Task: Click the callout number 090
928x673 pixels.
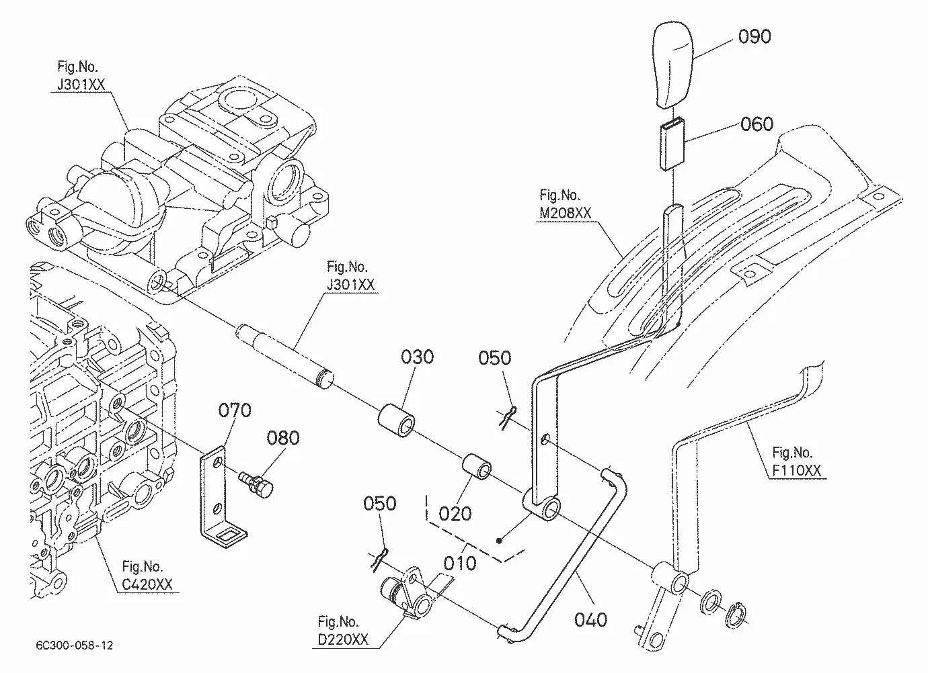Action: pos(755,36)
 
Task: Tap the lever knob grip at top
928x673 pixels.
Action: pos(673,65)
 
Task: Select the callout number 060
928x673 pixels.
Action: pos(757,124)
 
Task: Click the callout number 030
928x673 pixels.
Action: pos(417,357)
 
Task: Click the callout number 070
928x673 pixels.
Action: pos(235,410)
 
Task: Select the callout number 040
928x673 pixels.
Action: pos(591,620)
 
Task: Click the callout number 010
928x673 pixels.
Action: pos(460,564)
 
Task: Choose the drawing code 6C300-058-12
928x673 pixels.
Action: pos(75,645)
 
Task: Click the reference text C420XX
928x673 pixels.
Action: pos(147,584)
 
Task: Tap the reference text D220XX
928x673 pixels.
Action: pos(343,639)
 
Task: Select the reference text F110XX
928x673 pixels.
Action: pos(796,470)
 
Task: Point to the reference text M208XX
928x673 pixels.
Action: pos(565,213)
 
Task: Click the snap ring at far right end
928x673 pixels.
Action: pos(736,615)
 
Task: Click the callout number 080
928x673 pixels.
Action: pos(283,438)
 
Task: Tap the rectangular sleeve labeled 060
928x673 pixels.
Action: pos(672,144)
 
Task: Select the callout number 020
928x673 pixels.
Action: pos(455,514)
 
